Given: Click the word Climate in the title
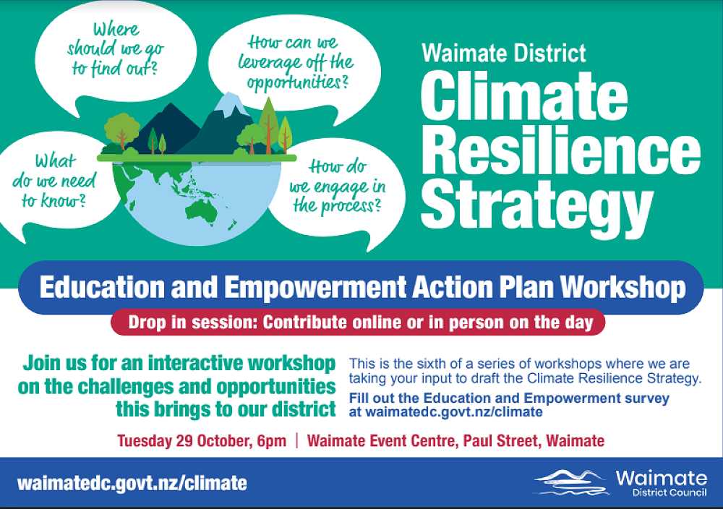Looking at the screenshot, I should tap(524, 98).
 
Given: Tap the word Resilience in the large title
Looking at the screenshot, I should tap(560, 153).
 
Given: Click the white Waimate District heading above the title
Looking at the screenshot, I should tap(504, 53).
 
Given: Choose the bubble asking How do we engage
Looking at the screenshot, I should tap(336, 186).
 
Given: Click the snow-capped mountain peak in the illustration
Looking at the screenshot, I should tap(230, 106).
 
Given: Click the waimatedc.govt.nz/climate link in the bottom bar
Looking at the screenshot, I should tap(132, 483).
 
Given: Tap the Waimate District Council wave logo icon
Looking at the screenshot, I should tap(571, 482).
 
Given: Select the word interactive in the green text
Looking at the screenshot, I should tap(197, 363).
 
